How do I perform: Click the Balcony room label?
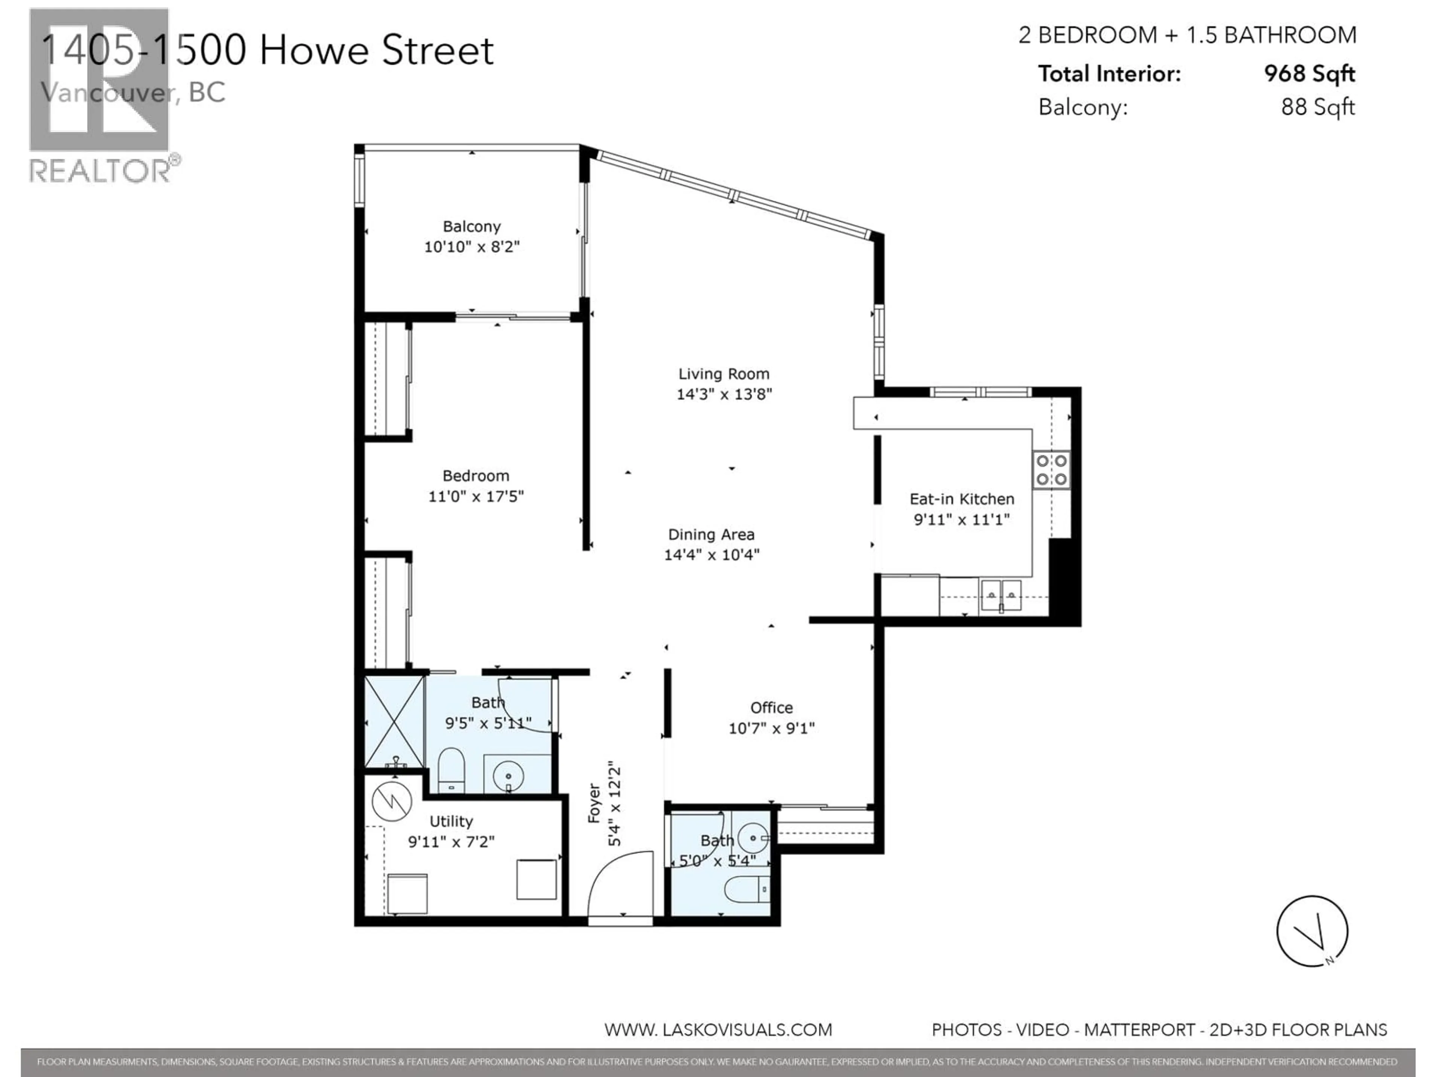pyautogui.click(x=472, y=227)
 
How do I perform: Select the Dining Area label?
pyautogui.click(x=711, y=534)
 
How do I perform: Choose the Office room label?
pyautogui.click(x=771, y=708)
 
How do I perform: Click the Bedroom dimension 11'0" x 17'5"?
pyautogui.click(x=476, y=496)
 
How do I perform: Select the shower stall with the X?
pyautogui.click(x=394, y=722)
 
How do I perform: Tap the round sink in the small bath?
pyautogui.click(x=754, y=837)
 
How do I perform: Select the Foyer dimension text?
pyautogui.click(x=614, y=806)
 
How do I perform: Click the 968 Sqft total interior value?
pyautogui.click(x=1309, y=73)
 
